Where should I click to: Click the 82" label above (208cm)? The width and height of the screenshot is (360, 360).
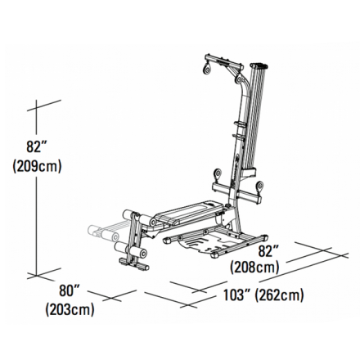pyautogui.click(x=269, y=249)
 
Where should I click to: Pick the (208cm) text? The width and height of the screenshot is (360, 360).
pyautogui.click(x=255, y=267)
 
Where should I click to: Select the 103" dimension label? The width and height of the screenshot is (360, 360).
pyautogui.click(x=238, y=295)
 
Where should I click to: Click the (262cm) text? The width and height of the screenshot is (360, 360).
pyautogui.click(x=280, y=295)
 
